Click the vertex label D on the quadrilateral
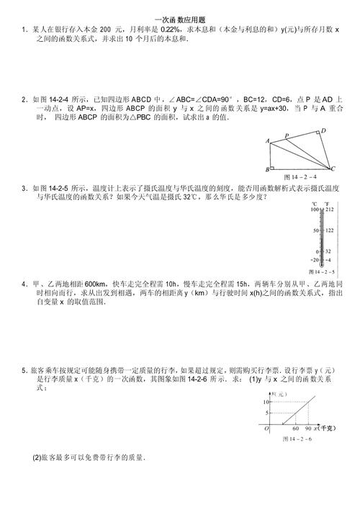click(323, 130)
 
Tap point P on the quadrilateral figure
click(287, 135)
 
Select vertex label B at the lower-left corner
click(268, 170)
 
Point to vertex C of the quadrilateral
click(333, 169)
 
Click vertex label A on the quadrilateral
click(268, 140)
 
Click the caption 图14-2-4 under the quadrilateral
click(300, 176)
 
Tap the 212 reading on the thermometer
click(329, 210)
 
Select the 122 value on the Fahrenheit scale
click(329, 230)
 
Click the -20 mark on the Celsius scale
click(313, 259)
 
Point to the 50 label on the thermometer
click(315, 230)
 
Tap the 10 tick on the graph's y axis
click(265, 401)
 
